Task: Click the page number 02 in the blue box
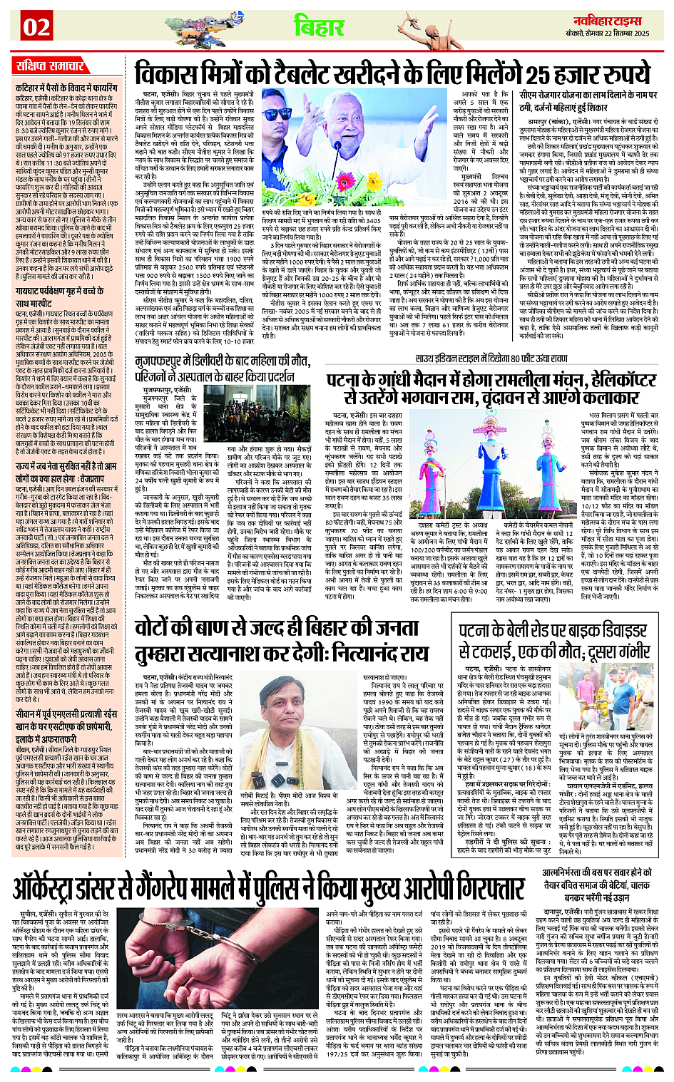point(36,27)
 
